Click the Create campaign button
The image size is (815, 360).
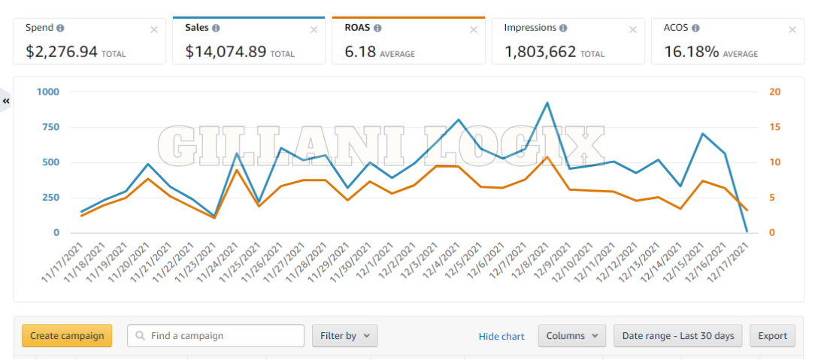pos(67,336)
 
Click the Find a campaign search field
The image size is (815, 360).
pos(216,336)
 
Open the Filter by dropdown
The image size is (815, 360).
pos(344,336)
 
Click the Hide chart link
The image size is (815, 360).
pos(501,336)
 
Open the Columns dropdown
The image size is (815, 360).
pos(571,336)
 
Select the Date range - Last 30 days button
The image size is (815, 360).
pos(678,336)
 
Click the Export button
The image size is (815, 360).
pos(771,336)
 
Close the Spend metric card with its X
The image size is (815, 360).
pos(154,29)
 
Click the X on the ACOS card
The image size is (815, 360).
pos(792,29)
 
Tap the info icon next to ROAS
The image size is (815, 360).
pos(377,28)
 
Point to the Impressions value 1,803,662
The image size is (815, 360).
pos(540,52)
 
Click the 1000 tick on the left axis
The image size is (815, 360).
pos(47,92)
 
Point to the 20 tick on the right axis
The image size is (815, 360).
pos(774,92)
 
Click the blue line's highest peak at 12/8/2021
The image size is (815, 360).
pos(547,103)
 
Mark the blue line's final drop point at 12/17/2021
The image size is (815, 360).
pos(747,231)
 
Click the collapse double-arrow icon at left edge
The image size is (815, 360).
pos(6,101)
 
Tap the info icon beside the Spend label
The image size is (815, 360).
pos(60,28)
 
